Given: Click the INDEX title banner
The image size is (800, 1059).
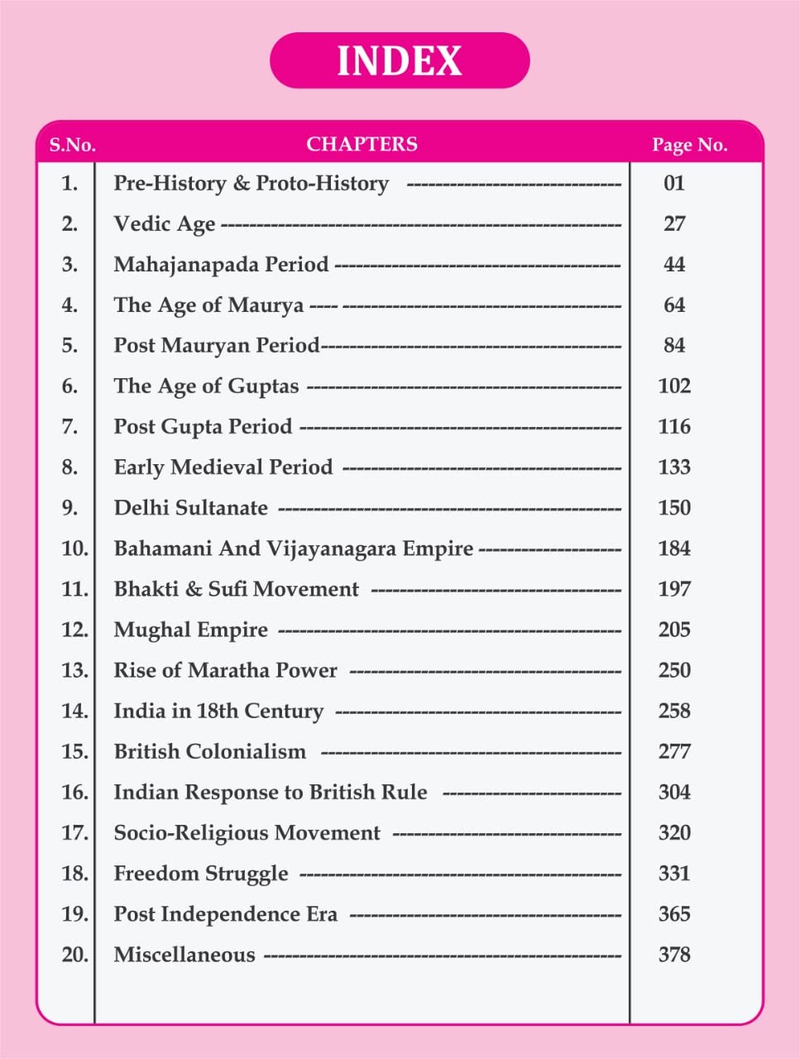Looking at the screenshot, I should tap(400, 60).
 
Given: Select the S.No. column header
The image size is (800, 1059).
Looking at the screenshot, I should tap(72, 145).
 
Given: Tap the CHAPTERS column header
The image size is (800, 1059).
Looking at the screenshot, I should tap(362, 144).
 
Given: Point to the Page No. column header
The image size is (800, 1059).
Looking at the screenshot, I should tap(689, 145).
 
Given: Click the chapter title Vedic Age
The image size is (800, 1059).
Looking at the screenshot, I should tap(165, 224).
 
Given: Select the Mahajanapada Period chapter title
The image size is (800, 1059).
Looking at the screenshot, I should tap(221, 265).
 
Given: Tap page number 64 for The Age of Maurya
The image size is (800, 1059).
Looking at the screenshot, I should tap(674, 305).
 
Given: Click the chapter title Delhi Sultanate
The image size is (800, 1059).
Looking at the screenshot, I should tap(190, 508).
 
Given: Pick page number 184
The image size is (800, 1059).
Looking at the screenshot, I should tap(674, 549).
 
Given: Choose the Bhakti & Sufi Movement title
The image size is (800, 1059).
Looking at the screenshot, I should tap(236, 589).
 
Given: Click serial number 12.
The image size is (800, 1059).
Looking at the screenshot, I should tap(74, 630).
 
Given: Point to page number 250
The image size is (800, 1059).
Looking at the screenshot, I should tap(674, 670).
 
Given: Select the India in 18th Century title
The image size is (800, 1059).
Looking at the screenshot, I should tap(218, 711).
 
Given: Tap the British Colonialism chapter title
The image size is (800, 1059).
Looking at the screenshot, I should tap(209, 751).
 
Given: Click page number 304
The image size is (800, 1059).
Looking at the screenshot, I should tap(674, 792).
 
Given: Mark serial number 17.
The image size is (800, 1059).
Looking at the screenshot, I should tap(74, 832).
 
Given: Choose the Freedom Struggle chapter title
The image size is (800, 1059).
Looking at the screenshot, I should tap(201, 874).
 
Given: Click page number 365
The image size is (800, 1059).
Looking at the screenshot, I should tap(674, 914).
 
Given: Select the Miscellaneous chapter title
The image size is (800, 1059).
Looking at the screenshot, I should tap(184, 955).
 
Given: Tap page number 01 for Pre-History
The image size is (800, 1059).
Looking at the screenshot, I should tap(674, 183).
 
